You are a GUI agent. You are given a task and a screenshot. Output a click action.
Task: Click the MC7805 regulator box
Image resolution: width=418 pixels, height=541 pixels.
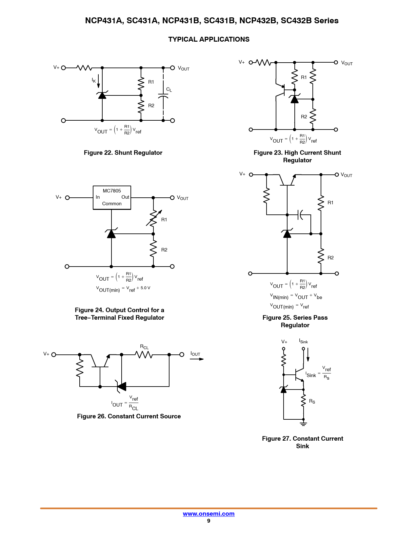[112, 197]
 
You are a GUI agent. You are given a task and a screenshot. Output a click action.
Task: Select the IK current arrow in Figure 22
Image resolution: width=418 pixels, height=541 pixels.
[98, 81]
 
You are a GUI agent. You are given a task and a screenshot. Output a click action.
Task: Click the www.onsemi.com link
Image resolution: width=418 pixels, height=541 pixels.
[209, 514]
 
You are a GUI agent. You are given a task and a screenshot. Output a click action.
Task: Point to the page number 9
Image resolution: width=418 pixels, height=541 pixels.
[209, 521]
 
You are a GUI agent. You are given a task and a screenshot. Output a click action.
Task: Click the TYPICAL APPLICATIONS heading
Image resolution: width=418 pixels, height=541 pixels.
[209, 39]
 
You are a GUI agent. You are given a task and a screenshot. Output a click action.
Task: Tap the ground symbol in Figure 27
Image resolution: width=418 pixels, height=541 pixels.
[303, 424]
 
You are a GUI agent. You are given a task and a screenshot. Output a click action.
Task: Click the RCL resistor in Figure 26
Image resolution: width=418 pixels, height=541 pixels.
[144, 354]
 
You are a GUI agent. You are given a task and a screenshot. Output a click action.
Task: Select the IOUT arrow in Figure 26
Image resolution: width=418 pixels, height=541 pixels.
[197, 359]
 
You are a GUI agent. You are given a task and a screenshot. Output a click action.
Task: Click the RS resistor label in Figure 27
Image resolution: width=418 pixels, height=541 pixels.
[312, 401]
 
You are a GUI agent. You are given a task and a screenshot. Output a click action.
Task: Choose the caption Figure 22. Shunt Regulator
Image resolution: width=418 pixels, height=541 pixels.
[123, 153]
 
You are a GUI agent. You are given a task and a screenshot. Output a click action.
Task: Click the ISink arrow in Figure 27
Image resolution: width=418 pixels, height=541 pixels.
[308, 355]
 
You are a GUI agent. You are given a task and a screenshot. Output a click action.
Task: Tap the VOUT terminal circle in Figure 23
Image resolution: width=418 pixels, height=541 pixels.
[336, 62]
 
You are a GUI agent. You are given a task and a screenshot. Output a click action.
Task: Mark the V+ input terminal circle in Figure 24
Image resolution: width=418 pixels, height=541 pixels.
[68, 198]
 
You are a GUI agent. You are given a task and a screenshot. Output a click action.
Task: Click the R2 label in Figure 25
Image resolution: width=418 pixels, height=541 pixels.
[330, 258]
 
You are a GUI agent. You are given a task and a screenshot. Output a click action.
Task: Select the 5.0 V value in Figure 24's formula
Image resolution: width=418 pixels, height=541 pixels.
[145, 288]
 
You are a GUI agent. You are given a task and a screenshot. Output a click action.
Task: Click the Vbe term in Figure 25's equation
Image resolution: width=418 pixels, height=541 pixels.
[318, 297]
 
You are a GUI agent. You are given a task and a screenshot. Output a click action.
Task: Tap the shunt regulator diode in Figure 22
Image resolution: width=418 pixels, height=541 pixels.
[102, 95]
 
